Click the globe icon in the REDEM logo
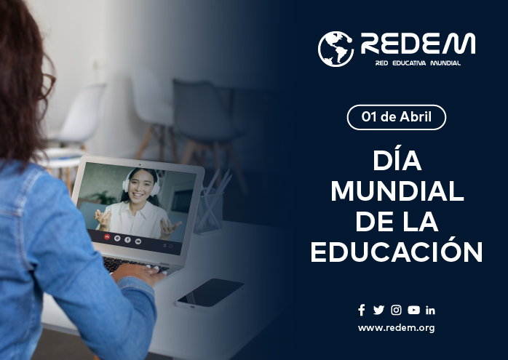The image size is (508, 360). tap(336, 49)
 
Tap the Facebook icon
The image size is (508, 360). tap(362, 310)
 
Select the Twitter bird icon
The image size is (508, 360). tap(378, 310)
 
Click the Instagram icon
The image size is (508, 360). tap(396, 310)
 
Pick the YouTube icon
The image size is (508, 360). tap(413, 310)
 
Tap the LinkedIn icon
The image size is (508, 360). tap(430, 310)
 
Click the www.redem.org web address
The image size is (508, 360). tap(396, 328)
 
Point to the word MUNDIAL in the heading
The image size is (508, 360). tap(397, 191)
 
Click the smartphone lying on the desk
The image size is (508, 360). tap(210, 293)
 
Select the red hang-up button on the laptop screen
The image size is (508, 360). tap(107, 236)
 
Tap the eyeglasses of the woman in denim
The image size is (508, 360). tap(47, 86)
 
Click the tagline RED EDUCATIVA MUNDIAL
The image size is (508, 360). tap(418, 63)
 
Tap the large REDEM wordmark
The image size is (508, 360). tap(418, 44)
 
